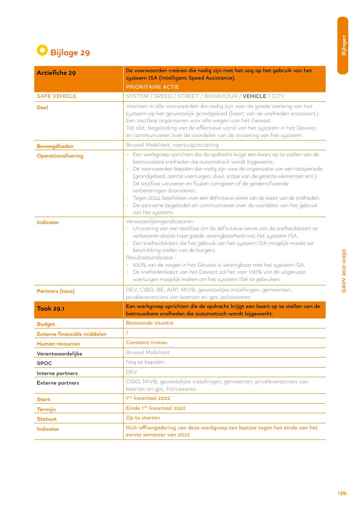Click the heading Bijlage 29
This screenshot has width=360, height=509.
click(x=70, y=53)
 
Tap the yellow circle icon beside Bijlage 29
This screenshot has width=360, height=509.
click(x=42, y=50)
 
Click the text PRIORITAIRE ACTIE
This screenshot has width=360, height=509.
click(x=152, y=87)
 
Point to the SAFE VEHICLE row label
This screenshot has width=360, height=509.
click(x=56, y=96)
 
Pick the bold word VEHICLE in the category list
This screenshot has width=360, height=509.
click(x=254, y=96)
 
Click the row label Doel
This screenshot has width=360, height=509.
click(x=42, y=107)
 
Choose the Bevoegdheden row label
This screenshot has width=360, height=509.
click(x=55, y=146)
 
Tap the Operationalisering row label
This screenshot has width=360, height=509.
click(x=60, y=156)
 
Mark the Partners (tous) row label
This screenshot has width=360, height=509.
click(x=55, y=291)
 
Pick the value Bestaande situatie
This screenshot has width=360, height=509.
click(x=149, y=323)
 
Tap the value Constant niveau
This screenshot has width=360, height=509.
click(x=146, y=342)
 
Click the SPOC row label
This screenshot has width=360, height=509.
click(x=44, y=363)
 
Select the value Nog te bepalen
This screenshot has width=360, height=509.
click(x=145, y=362)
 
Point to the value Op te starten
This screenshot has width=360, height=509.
click(x=143, y=418)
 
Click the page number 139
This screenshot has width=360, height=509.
click(x=342, y=493)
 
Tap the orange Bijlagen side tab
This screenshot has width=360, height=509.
click(x=343, y=45)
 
